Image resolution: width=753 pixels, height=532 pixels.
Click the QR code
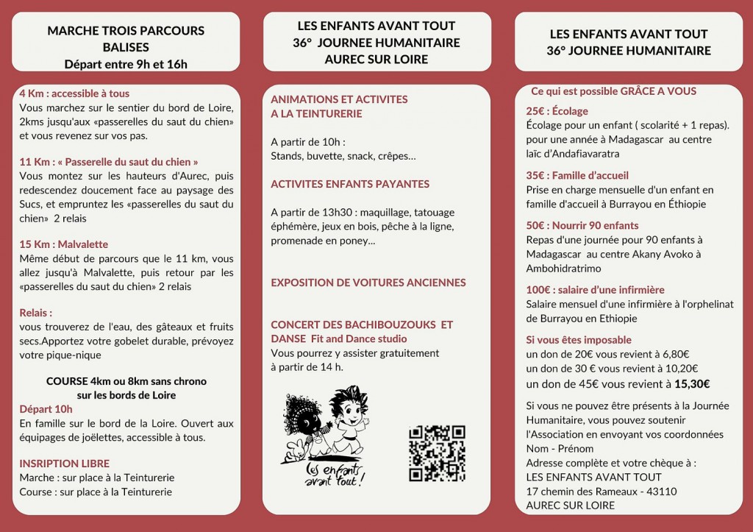click(437, 453)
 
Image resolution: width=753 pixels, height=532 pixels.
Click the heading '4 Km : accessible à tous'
click(74, 93)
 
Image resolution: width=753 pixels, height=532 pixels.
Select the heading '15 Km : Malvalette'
click(64, 244)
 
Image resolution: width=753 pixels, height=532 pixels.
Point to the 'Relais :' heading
click(36, 313)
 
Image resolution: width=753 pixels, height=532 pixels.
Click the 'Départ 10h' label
click(46, 409)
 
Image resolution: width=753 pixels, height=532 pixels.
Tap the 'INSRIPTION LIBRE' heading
click(65, 464)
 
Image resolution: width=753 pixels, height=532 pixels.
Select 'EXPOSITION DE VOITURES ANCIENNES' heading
click(368, 283)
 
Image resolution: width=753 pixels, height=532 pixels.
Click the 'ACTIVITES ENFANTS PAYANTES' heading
click(350, 184)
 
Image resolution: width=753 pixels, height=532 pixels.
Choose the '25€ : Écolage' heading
click(557, 111)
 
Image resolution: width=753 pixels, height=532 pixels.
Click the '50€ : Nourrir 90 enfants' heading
click(582, 225)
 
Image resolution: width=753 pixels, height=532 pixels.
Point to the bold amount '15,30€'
click(692, 383)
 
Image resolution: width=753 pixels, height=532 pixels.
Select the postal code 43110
click(660, 492)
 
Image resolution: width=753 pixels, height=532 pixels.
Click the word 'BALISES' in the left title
click(126, 47)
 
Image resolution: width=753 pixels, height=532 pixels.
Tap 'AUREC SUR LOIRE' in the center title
click(376, 59)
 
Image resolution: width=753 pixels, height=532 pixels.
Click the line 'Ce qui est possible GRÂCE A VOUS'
click(614, 91)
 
